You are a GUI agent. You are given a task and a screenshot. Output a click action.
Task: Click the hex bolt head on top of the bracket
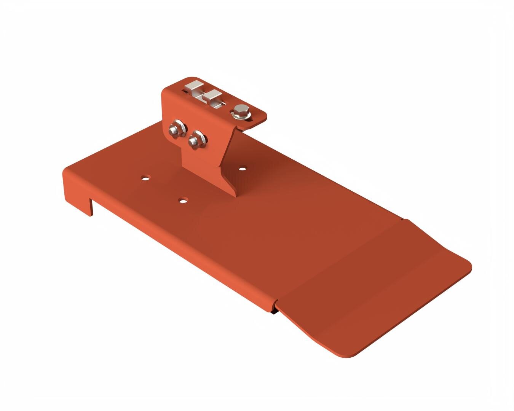coord(241,112)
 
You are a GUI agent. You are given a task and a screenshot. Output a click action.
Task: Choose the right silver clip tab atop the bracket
coord(212,96)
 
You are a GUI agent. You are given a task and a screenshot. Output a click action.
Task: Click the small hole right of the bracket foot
coord(243,167)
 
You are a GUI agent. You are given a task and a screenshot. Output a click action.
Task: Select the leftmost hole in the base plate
coord(145,177)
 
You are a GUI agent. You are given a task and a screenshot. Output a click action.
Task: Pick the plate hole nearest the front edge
coord(184,199)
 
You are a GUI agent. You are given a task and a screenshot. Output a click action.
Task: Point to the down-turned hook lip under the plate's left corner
coord(91,207)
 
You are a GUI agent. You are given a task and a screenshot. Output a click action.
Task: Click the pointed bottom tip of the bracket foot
coord(234,194)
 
